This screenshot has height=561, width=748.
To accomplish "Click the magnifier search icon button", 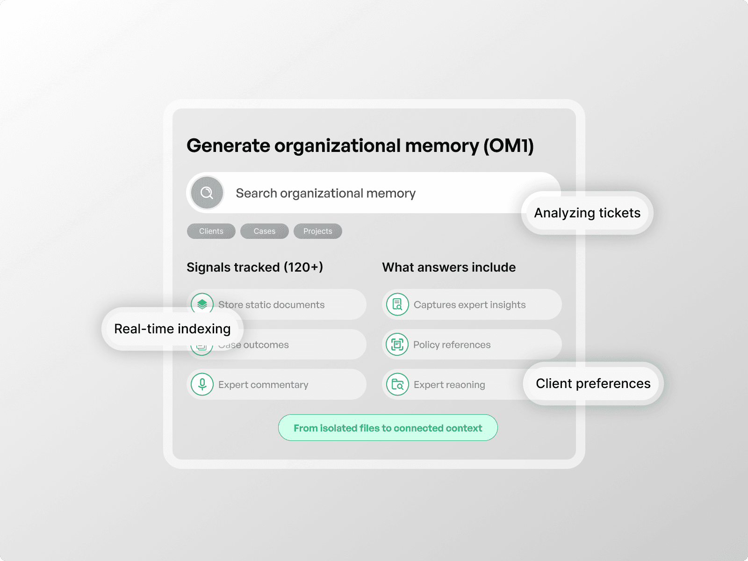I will coord(207,193).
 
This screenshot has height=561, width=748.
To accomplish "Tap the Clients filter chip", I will coord(211,231).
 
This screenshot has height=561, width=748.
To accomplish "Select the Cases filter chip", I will coord(265,231).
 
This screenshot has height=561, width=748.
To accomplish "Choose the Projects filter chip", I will coord(318,231).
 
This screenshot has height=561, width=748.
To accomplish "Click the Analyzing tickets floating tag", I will coord(587,213).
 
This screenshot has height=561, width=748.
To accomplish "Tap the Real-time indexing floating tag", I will coord(172,329).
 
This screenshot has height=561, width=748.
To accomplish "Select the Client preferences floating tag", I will coord(593,383).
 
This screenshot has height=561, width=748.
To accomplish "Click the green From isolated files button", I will coord(388,428).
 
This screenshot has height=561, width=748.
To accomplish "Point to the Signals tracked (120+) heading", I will coord(255,267).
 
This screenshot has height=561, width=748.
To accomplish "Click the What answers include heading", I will coord(449,267).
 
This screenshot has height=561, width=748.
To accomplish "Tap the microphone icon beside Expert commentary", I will coord(202,384).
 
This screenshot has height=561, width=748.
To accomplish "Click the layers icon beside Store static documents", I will coord(202,304).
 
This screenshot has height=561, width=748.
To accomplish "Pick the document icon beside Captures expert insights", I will coord(397,304).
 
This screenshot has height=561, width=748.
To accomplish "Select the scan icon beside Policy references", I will coord(397,345).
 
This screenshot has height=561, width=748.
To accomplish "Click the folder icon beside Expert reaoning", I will coord(397,384).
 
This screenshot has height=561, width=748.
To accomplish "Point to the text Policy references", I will coord(452,345).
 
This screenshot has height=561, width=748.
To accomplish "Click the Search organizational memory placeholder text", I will coord(325,193).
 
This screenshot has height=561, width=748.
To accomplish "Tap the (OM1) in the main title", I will coord(508,145).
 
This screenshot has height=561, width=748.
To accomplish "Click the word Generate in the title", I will coord(228,145).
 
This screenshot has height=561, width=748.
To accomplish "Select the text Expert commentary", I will coord(263,385).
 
